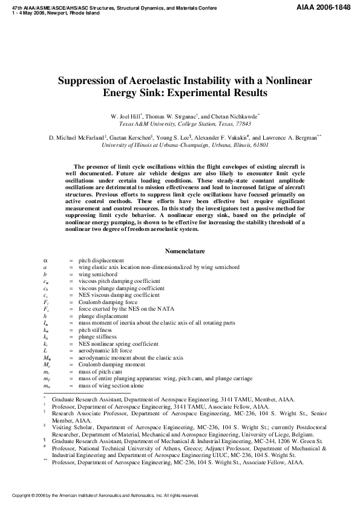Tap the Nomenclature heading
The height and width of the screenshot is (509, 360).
[185, 251]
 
